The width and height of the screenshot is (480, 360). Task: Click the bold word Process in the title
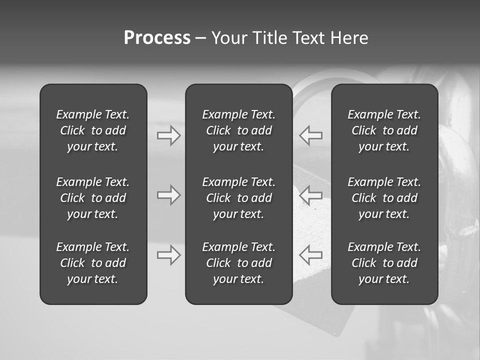coord(157,38)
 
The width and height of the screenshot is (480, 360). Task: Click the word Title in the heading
coord(270,38)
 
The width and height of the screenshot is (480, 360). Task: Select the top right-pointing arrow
coord(169,135)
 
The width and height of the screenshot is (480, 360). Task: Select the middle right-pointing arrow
coord(169,195)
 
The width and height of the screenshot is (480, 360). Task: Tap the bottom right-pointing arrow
coord(169,255)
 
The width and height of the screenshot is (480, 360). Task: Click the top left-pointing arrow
coord(310,135)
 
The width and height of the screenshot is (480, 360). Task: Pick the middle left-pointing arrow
coord(310,195)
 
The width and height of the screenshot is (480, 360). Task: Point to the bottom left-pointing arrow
coord(310,255)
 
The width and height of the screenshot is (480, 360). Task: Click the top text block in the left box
coord(93,130)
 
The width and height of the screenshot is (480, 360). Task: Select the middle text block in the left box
coord(93,198)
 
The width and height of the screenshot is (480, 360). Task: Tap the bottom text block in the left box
coord(93,263)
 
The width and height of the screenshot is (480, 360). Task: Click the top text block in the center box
coord(238,130)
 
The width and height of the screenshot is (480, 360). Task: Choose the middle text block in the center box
coord(238,198)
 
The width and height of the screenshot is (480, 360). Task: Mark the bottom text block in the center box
coord(238,263)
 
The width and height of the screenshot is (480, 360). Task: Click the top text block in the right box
coord(384,130)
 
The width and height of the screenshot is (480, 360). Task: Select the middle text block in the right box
coord(384,198)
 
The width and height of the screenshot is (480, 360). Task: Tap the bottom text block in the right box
coord(384,263)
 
